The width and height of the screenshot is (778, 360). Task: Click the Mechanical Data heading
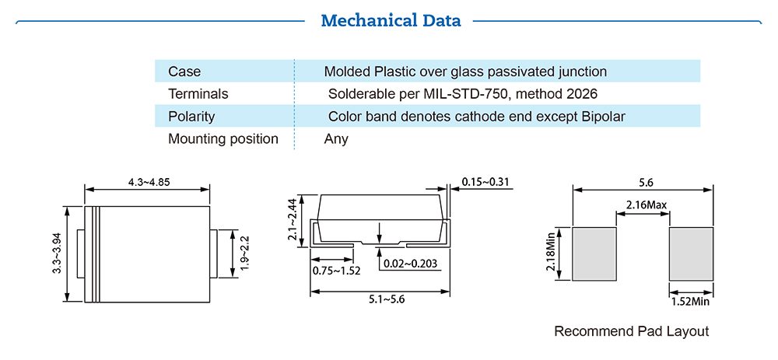pyautogui.click(x=391, y=20)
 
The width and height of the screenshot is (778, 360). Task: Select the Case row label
pyautogui.click(x=184, y=72)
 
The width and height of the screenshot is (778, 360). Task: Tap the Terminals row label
pyautogui.click(x=198, y=94)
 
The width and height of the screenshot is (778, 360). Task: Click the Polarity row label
pyautogui.click(x=191, y=117)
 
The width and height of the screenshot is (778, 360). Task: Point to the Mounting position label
pyautogui.click(x=223, y=139)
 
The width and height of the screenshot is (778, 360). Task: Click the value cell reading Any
pyautogui.click(x=336, y=139)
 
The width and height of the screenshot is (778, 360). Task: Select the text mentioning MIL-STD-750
pyautogui.click(x=462, y=94)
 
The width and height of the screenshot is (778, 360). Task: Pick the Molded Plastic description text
pyautogui.click(x=465, y=72)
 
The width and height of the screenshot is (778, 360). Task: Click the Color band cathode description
pyautogui.click(x=477, y=117)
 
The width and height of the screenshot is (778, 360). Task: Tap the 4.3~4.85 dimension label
pyautogui.click(x=149, y=183)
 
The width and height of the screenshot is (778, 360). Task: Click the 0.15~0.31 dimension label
pyautogui.click(x=485, y=183)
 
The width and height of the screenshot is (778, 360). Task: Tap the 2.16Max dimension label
pyautogui.click(x=643, y=206)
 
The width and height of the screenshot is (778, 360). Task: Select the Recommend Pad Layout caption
pyautogui.click(x=631, y=331)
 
